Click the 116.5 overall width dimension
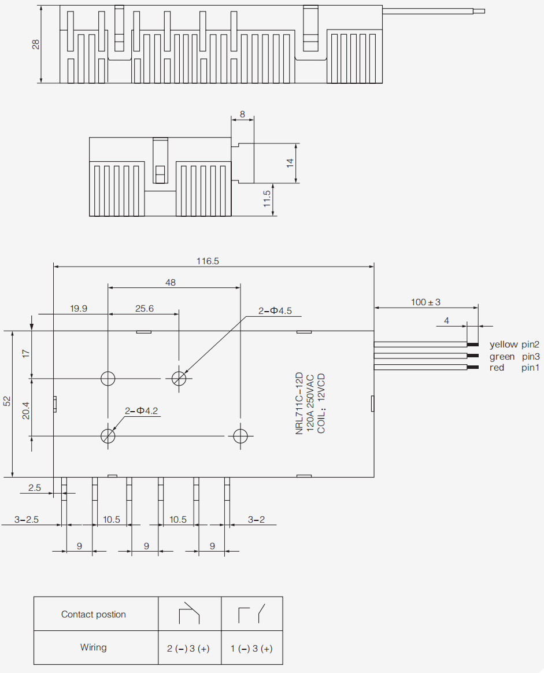pos(208,261)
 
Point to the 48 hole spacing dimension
pos(171,282)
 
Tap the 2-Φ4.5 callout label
pos(275,310)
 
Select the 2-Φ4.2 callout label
pos(141,411)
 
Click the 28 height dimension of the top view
pos(36,44)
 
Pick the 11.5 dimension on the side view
pos(267,199)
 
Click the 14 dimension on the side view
pos(290,163)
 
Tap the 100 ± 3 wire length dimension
pos(425,302)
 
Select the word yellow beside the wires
pos(504,344)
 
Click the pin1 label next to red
pos(530,367)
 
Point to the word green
pos(502,357)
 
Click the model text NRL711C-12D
pos(299,404)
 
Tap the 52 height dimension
pos(8,401)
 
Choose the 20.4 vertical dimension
pos(26,411)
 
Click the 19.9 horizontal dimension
pos(79,309)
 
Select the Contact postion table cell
pos(94,614)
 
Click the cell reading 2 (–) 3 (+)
pos(188,648)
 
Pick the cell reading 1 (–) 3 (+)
pos(251,648)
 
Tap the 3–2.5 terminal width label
pos(27,519)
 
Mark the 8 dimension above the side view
pos(242,114)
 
